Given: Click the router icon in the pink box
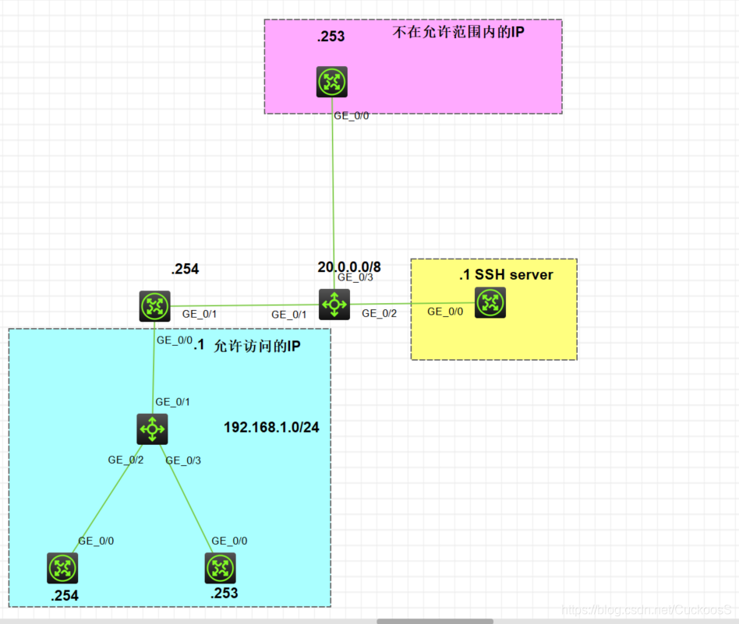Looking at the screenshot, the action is pyautogui.click(x=332, y=82).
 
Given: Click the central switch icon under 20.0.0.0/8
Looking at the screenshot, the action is pyautogui.click(x=334, y=305).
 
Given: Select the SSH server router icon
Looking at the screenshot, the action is pyautogui.click(x=490, y=302).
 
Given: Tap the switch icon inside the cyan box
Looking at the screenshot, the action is pyautogui.click(x=152, y=429).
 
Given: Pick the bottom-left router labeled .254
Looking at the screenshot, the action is pyautogui.click(x=62, y=568).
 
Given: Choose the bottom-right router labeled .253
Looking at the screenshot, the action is pyautogui.click(x=221, y=568).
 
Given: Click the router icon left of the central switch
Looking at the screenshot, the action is pyautogui.click(x=154, y=306).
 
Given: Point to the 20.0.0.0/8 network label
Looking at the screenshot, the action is pyautogui.click(x=349, y=267).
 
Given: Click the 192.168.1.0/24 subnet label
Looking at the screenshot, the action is pyautogui.click(x=271, y=427).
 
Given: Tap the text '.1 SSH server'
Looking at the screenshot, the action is pyautogui.click(x=506, y=274).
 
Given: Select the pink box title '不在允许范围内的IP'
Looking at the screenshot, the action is pyautogui.click(x=458, y=32).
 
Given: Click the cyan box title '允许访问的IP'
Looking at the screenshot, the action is pyautogui.click(x=257, y=346).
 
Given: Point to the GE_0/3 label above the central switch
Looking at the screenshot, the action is pyautogui.click(x=355, y=277).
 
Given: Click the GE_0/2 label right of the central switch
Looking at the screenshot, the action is pyautogui.click(x=380, y=314).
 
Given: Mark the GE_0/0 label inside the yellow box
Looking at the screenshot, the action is pyautogui.click(x=445, y=312).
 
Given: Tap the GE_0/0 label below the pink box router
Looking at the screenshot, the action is pyautogui.click(x=352, y=116).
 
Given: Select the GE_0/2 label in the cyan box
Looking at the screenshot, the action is pyautogui.click(x=126, y=460).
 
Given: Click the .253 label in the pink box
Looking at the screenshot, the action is pyautogui.click(x=331, y=37).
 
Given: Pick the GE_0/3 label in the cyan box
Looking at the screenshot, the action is pyautogui.click(x=183, y=460).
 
